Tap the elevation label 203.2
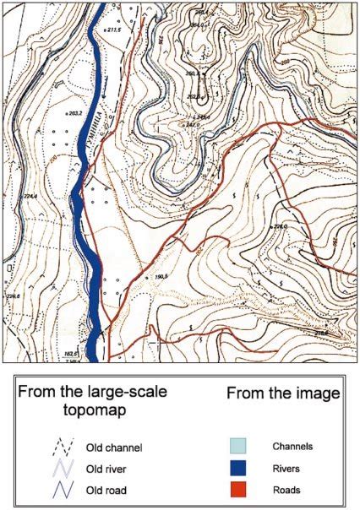(74, 111)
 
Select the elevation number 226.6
(12, 296)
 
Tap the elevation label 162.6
(69, 352)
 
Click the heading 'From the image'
(283, 393)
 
